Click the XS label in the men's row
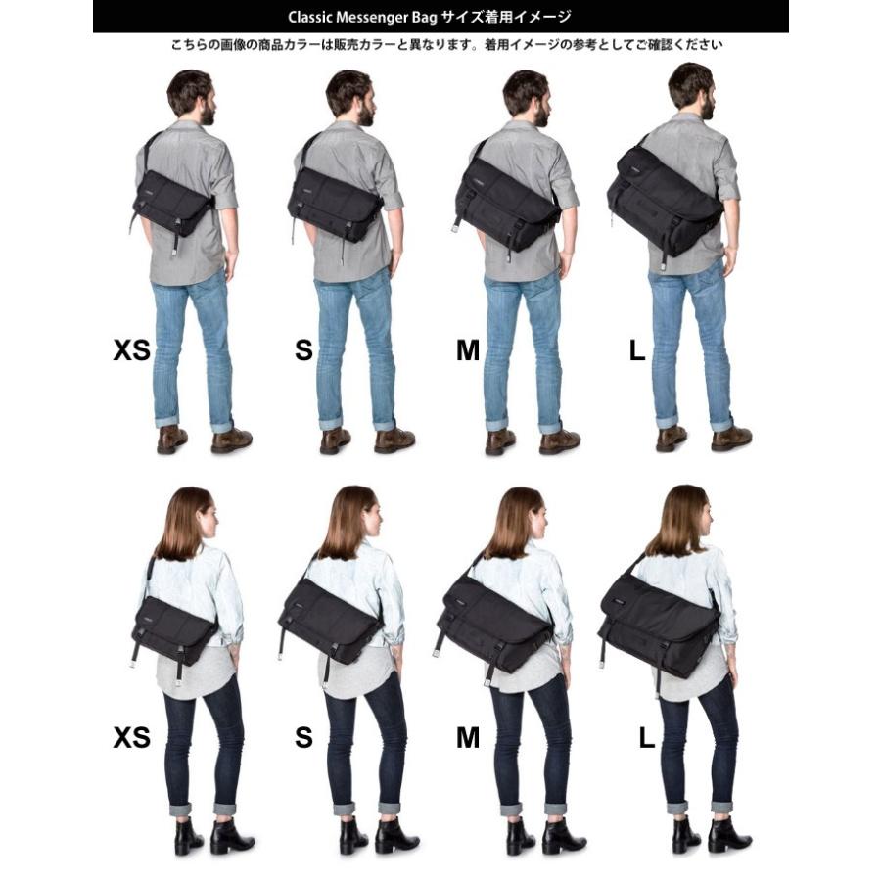(131, 350)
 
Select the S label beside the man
(303, 350)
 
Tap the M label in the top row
(468, 350)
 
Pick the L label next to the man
(637, 350)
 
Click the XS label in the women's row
(131, 737)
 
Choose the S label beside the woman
(303, 737)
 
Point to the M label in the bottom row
(468, 737)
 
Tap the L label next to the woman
(646, 737)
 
